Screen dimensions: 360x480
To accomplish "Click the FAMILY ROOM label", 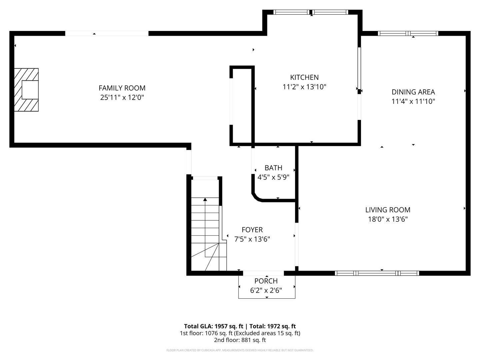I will coord(122,88).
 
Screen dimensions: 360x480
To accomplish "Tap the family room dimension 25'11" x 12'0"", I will coord(122,98).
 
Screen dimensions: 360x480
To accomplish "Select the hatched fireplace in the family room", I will coord(26,90).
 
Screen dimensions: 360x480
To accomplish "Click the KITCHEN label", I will coord(304,77).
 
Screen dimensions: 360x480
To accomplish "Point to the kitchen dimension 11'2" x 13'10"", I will coord(304,87).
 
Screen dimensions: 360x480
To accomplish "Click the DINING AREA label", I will coord(413,92).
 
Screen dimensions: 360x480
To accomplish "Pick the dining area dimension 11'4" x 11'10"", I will coord(413,101).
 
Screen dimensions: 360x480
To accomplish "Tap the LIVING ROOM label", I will coord(388,210).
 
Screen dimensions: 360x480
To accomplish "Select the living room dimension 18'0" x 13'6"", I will coord(388,219).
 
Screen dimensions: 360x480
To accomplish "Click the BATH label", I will coord(273,168).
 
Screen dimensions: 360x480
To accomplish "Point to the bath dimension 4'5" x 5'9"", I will coord(273,177).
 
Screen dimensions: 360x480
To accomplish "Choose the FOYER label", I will coord(252,230).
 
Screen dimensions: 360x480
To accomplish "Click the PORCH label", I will coord(266,281).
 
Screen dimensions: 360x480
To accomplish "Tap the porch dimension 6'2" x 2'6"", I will coord(266,291).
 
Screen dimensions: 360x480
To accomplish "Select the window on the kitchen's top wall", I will coord(311,12).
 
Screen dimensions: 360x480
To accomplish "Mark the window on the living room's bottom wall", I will coord(377,273).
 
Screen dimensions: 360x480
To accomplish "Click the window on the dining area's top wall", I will coord(408,33).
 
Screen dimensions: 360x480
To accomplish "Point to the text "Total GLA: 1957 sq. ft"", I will coord(213,326).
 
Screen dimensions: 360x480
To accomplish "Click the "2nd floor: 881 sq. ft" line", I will coord(240,340).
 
